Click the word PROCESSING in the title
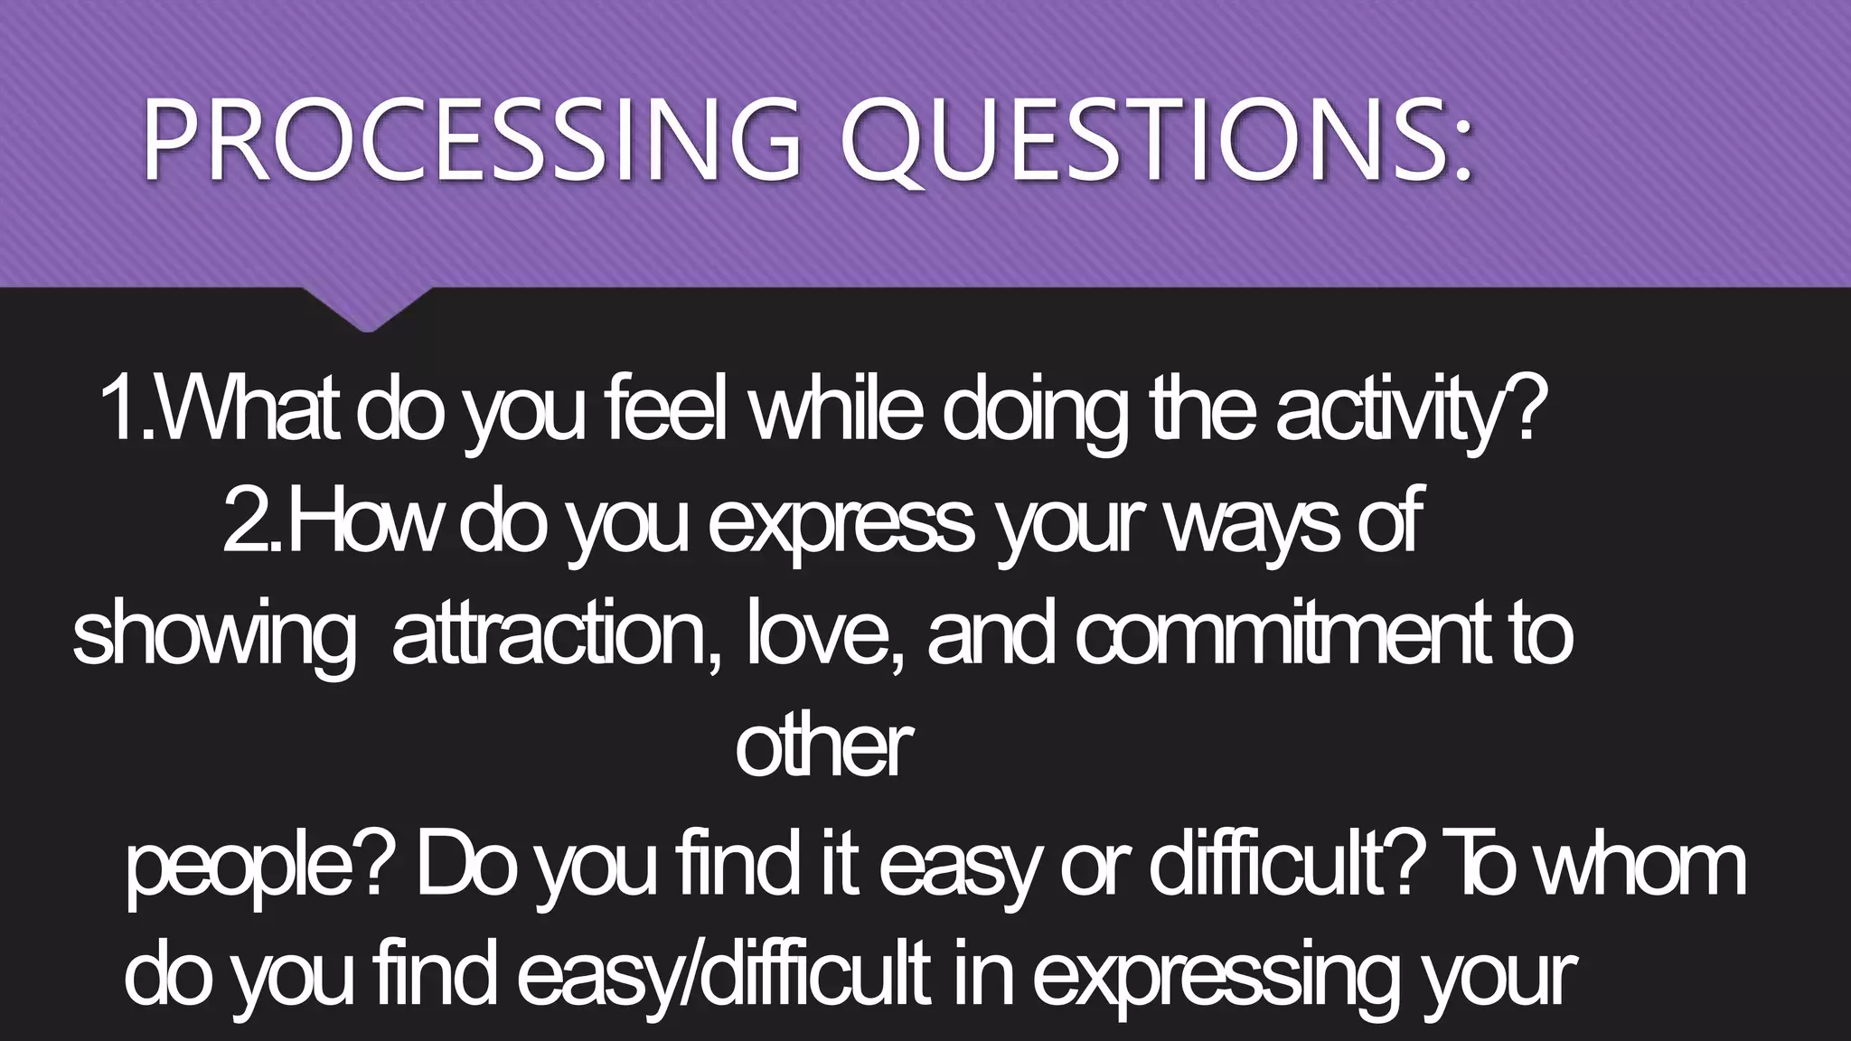tap(470, 139)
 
